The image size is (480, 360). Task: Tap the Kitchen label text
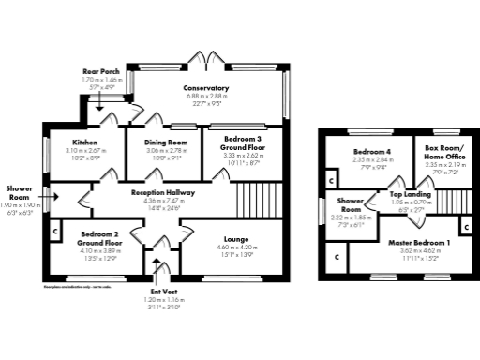click(84, 142)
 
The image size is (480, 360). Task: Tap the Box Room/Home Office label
click(444, 153)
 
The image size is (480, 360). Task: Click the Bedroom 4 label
click(371, 152)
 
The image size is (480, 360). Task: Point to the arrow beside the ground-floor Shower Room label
click(56, 196)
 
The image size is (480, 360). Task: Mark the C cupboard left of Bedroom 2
click(55, 228)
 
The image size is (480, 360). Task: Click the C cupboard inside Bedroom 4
click(331, 179)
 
